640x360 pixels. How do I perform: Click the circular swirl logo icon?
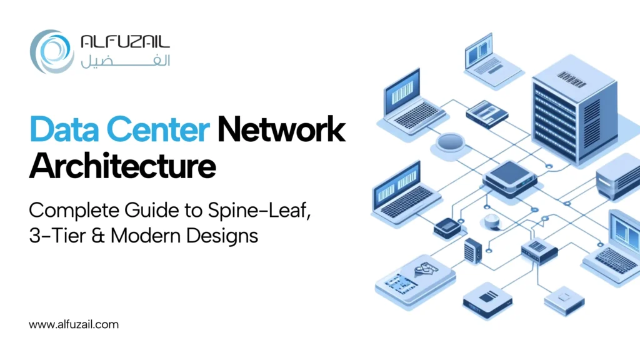(x=52, y=52)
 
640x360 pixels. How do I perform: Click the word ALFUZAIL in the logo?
(x=125, y=43)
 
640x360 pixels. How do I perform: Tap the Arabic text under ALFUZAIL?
(x=125, y=61)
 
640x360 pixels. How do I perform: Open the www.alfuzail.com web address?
(x=74, y=324)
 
